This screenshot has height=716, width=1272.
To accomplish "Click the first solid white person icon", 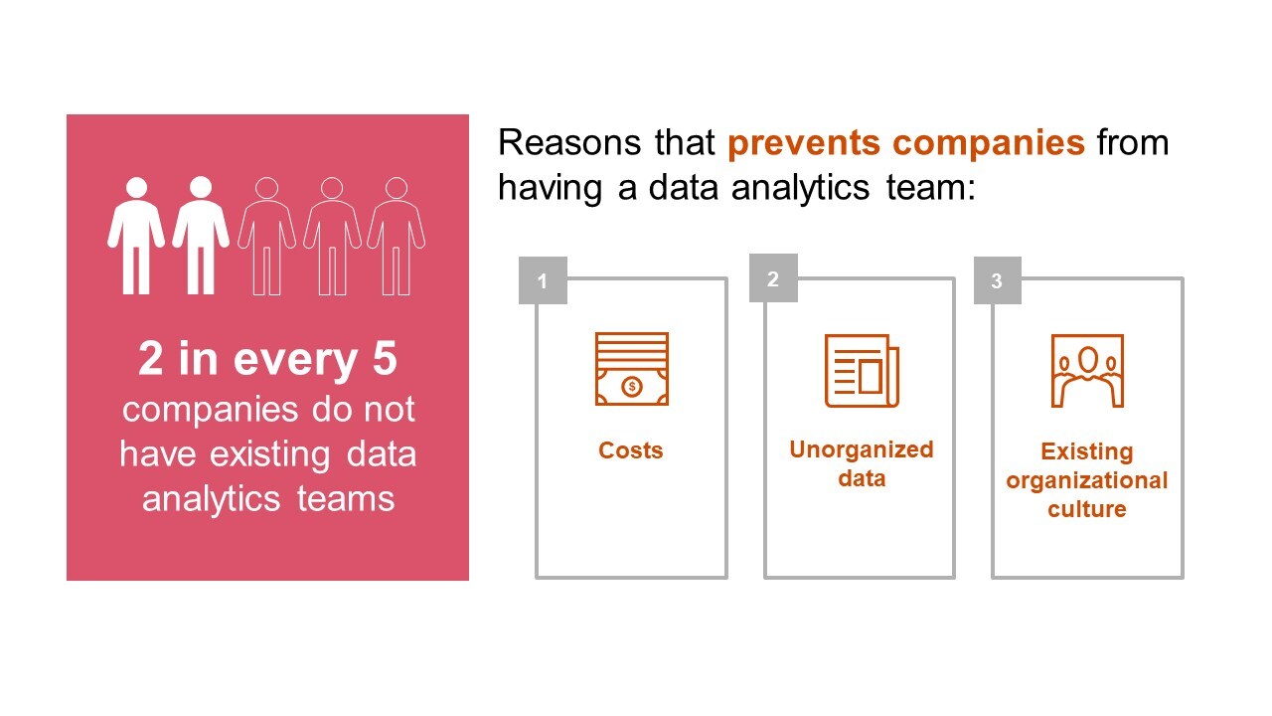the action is click(136, 236).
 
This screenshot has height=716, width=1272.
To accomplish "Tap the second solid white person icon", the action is click(201, 236).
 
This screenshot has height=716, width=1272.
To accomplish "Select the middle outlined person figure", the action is click(332, 236).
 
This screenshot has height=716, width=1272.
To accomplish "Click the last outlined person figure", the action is click(397, 236).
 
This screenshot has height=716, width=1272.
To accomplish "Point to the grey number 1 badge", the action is click(543, 280).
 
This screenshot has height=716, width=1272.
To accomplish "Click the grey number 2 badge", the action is click(773, 277).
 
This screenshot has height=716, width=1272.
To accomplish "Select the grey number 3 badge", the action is click(997, 280).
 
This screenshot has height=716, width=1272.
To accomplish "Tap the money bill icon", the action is click(631, 369).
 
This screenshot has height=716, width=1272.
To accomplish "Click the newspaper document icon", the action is click(862, 371).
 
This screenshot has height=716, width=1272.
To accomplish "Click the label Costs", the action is click(631, 450).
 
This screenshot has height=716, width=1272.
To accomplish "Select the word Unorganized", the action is click(862, 449).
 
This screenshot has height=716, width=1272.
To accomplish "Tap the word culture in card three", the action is click(1087, 508).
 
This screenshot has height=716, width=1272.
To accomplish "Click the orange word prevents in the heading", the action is click(804, 142).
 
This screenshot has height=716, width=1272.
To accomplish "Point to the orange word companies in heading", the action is click(989, 142).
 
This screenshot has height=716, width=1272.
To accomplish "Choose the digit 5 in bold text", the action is click(385, 359).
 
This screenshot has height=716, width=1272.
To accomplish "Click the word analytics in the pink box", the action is click(212, 499).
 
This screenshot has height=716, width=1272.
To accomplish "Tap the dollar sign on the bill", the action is click(632, 387).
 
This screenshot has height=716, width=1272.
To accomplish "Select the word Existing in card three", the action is click(1087, 451).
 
